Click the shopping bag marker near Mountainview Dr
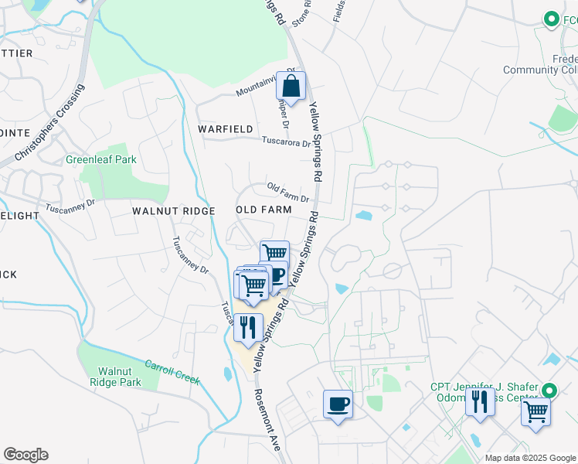291,87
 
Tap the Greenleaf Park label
100,159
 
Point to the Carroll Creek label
172,372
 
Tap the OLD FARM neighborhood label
263,210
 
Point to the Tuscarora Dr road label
285,142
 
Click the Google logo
25,455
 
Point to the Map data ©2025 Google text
530,458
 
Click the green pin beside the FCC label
551,19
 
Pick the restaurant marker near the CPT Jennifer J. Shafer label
480,402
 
